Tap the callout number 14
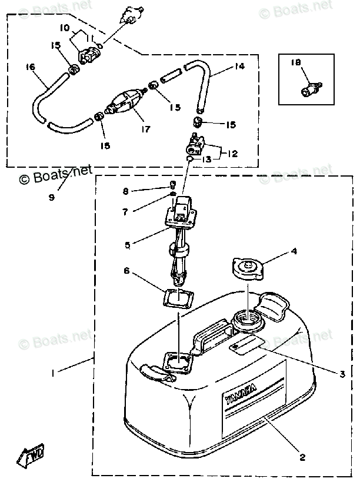239,67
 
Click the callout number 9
52,197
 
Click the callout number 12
233,154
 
